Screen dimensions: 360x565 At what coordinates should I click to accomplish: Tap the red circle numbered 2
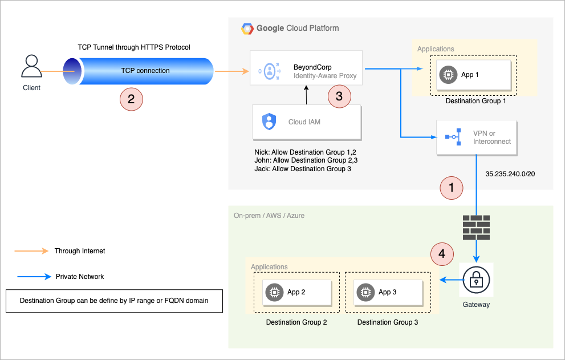pos(131,98)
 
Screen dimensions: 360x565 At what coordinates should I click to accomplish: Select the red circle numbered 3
pos(339,96)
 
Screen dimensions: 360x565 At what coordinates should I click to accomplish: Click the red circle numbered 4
pos(442,253)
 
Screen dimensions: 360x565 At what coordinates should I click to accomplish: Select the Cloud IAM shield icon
pos(269,122)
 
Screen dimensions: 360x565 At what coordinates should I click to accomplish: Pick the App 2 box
pos(297,292)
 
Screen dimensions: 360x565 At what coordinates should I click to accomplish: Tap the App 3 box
pos(388,292)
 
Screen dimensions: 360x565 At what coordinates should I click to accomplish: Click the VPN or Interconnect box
pos(477,137)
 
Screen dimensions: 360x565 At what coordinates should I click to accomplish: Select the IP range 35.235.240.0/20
pos(509,173)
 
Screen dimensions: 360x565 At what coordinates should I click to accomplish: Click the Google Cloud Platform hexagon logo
pos(247,29)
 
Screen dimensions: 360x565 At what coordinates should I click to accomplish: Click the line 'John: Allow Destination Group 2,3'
pos(306,161)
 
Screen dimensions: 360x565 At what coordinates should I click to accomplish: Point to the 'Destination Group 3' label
pos(388,322)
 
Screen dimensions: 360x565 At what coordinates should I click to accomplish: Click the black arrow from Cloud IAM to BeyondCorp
pos(307,95)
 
